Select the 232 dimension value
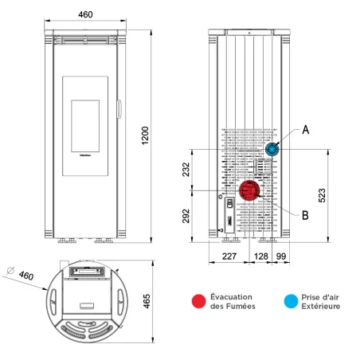tap(186, 170)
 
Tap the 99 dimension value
tap(281, 256)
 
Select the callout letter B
tap(306, 213)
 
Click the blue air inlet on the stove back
tap(272, 150)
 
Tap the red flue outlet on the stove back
tap(250, 190)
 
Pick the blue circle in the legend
tap(292, 300)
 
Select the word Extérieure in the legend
tap(323, 306)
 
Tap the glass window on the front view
tap(88, 123)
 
